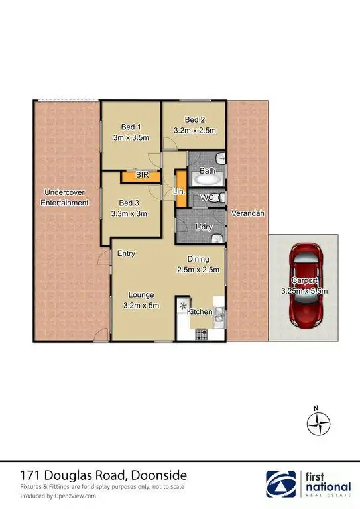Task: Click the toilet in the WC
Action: [221, 198]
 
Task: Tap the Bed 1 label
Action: [131, 127]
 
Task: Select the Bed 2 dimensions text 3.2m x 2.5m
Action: [195, 131]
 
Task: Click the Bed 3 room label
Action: [131, 203]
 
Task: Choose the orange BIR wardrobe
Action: [141, 176]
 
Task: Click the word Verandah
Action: [248, 213]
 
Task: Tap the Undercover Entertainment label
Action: [64, 198]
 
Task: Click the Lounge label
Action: [142, 294]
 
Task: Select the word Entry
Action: [126, 253]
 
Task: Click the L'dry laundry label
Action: [203, 227]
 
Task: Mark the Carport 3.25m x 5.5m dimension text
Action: [305, 290]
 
